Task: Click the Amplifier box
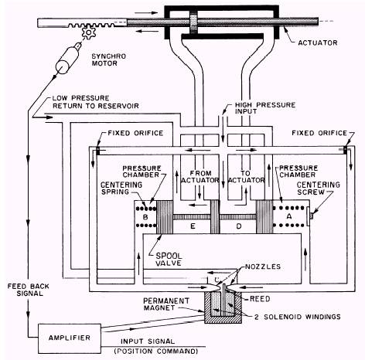pyautogui.click(x=70, y=338)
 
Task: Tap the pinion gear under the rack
pyautogui.click(x=89, y=33)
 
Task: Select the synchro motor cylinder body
pyautogui.click(x=66, y=60)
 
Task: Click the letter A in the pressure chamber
pyautogui.click(x=289, y=216)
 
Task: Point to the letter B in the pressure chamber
pyautogui.click(x=145, y=217)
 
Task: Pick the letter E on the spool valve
pyautogui.click(x=193, y=226)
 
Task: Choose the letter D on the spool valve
pyautogui.click(x=239, y=226)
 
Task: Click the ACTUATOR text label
pyautogui.click(x=318, y=42)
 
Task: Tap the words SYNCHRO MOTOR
pyautogui.click(x=109, y=59)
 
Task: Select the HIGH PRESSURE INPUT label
pyautogui.click(x=265, y=108)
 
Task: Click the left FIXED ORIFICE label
pyautogui.click(x=135, y=133)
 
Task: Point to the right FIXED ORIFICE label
pyautogui.click(x=319, y=133)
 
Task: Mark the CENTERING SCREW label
pyautogui.click(x=319, y=188)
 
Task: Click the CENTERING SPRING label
pyautogui.click(x=121, y=188)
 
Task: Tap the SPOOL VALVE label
pyautogui.click(x=169, y=260)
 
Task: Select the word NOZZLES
pyautogui.click(x=263, y=267)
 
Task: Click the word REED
pyautogui.click(x=260, y=299)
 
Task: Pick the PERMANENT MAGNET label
pyautogui.click(x=166, y=304)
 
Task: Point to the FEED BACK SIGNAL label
pyautogui.click(x=29, y=290)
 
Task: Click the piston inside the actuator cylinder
pyautogui.click(x=193, y=22)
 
